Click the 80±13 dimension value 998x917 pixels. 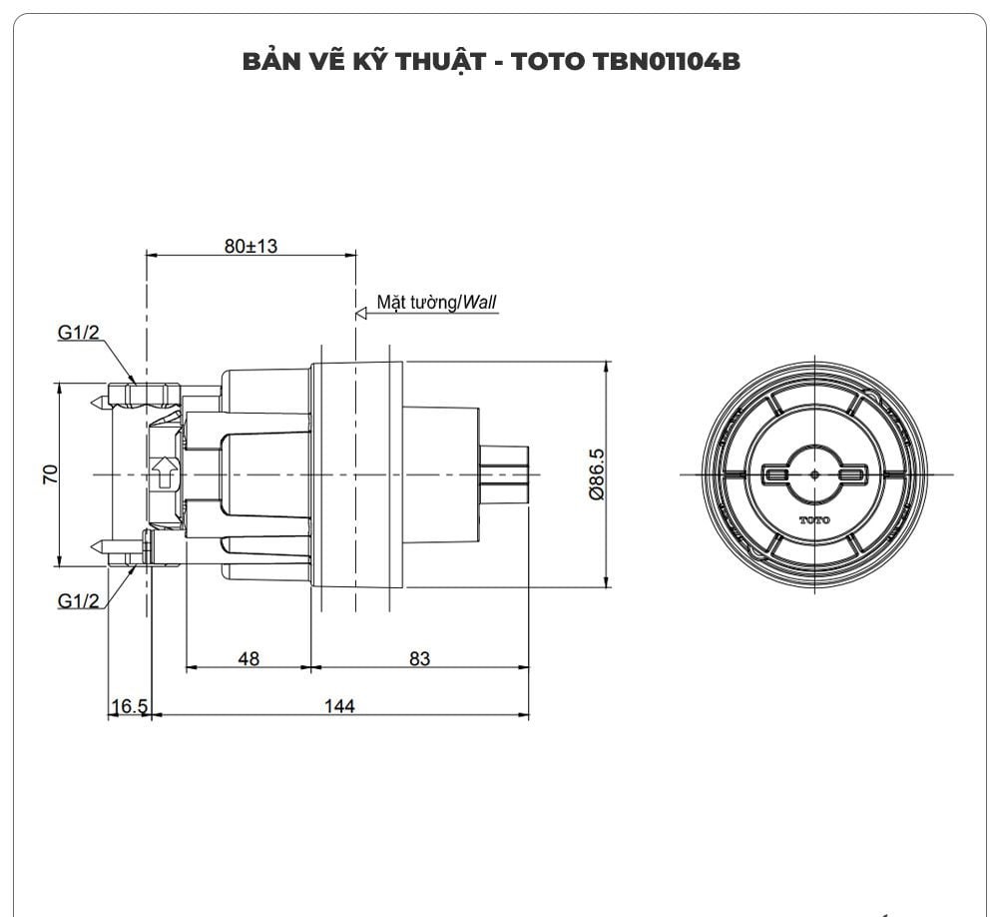click(x=250, y=246)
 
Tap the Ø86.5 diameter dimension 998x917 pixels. click(x=596, y=473)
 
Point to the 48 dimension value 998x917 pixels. click(x=248, y=658)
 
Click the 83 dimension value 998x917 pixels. click(x=419, y=658)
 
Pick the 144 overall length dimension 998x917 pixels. click(x=339, y=706)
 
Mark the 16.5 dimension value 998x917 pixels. click(x=129, y=706)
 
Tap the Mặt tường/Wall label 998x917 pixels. click(x=436, y=302)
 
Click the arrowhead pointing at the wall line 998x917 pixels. click(x=361, y=313)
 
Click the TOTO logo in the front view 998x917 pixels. click(x=813, y=520)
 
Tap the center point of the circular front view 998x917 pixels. click(x=814, y=473)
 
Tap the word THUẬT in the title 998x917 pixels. click(x=440, y=62)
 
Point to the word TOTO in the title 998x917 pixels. click(x=547, y=62)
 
